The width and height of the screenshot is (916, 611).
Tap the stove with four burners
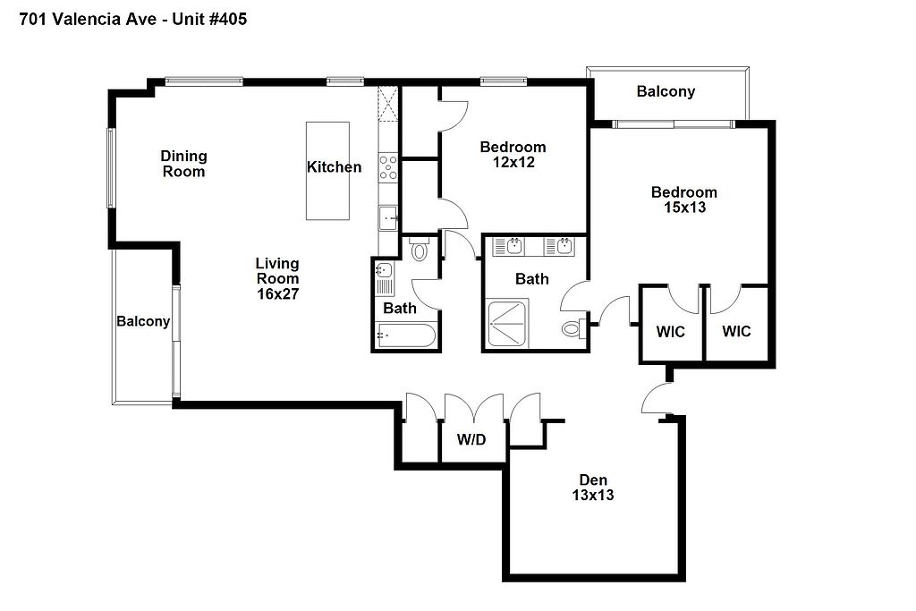[x=388, y=167]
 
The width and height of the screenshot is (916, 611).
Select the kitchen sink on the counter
[x=388, y=218]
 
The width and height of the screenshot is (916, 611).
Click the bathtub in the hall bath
[x=405, y=335]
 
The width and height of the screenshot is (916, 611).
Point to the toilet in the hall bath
[x=420, y=250]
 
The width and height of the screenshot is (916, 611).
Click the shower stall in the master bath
[x=508, y=324]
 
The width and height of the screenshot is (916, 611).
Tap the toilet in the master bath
[x=574, y=327]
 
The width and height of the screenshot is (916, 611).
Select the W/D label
[x=471, y=439]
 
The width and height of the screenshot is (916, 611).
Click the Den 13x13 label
[x=593, y=488]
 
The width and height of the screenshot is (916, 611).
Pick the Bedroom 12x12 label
[x=513, y=154]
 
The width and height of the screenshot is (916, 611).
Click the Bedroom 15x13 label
[x=684, y=199]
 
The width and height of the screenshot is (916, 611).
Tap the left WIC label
[x=670, y=332]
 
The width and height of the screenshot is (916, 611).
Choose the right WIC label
[x=736, y=331]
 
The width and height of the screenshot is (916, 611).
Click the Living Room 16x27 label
[x=277, y=278]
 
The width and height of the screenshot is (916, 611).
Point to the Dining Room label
[x=183, y=164]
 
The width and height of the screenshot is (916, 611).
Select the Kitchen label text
[x=335, y=167]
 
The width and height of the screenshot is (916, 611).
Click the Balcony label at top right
[x=666, y=91]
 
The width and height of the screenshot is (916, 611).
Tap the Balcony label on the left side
[x=143, y=321]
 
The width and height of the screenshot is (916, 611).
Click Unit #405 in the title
[x=209, y=20]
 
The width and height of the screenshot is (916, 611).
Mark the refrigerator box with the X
[x=388, y=104]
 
